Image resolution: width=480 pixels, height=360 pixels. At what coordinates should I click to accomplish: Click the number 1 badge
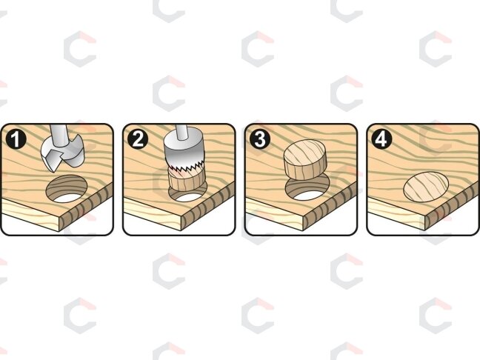[x=16, y=139]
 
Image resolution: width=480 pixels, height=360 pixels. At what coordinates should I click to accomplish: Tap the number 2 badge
[x=138, y=139]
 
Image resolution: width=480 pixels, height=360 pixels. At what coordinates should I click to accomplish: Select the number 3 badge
[x=260, y=139]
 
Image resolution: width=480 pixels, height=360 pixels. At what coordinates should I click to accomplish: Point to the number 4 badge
[x=381, y=139]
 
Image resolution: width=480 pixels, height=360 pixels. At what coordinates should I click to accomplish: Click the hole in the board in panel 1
[x=67, y=189]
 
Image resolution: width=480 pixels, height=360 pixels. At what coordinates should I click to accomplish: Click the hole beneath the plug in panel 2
[x=187, y=195]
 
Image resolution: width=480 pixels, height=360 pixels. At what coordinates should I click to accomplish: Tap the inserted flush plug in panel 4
[x=426, y=187]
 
